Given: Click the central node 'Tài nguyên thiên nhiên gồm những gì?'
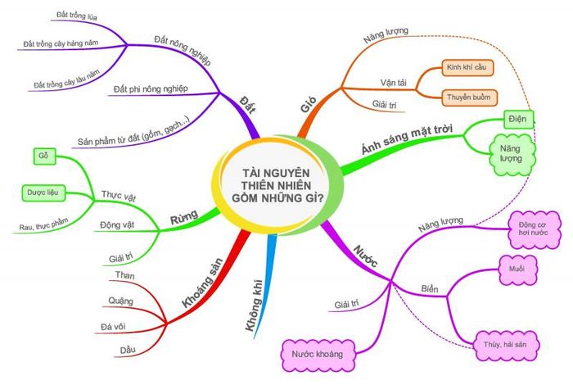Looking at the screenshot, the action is [x=277, y=185].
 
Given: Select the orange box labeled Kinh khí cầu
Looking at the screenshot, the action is [x=467, y=68].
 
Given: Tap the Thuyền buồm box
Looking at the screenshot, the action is [x=469, y=97].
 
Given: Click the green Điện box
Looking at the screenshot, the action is [x=518, y=120].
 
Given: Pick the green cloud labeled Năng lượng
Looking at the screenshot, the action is [x=512, y=154].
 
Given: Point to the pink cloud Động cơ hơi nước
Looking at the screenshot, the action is [x=534, y=229].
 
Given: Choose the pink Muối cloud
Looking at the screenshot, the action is [x=517, y=269].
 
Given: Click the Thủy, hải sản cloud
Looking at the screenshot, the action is [x=505, y=345].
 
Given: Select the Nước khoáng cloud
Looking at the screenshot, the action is [x=318, y=355].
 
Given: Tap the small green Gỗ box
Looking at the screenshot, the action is [x=44, y=156].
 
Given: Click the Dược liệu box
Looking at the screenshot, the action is [x=43, y=192].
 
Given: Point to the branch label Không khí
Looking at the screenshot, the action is [x=255, y=306].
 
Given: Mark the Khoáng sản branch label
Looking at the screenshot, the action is [x=202, y=283].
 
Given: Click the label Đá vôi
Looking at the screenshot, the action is [x=113, y=326].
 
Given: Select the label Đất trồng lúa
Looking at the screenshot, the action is [x=77, y=16].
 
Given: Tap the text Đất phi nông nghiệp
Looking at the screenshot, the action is [x=151, y=88].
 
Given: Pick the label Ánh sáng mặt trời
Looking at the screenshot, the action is [x=407, y=139].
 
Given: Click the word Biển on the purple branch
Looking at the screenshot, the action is [x=430, y=289].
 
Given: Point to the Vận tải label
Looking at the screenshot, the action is [x=393, y=83].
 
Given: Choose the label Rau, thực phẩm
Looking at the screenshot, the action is [x=44, y=224].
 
